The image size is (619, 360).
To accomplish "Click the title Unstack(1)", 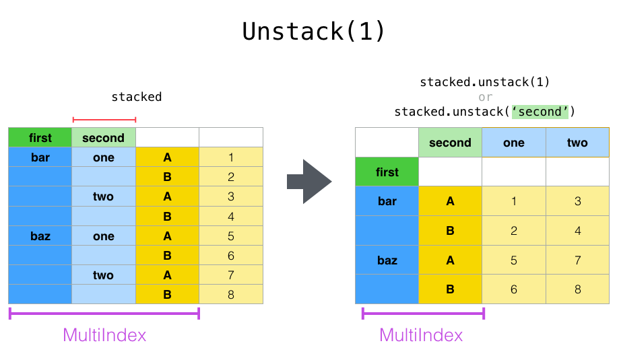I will [314, 32].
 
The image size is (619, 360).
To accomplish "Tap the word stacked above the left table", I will [137, 97].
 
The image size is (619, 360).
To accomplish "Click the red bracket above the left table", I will [104, 120].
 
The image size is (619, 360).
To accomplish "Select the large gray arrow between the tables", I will [309, 182].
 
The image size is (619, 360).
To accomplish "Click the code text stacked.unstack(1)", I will [485, 82].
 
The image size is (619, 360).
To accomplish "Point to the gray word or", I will [485, 97].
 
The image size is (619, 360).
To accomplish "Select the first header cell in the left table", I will [40, 138].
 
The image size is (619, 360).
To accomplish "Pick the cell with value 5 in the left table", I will [231, 236].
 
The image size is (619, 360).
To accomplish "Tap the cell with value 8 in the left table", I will [231, 294].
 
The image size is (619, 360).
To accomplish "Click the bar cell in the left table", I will [40, 157].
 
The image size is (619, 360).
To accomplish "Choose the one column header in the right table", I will [513, 143].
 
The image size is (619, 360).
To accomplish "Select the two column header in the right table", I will [577, 143].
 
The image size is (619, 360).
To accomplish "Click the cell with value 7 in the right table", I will [577, 260].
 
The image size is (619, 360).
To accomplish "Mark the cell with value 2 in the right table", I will [513, 231].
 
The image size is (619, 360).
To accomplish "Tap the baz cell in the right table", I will [387, 260].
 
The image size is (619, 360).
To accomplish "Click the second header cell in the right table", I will [450, 143].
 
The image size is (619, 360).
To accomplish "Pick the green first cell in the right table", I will [387, 172].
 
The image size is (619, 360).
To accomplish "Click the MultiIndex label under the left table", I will [104, 334].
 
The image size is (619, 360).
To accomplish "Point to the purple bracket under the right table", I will [423, 313].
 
